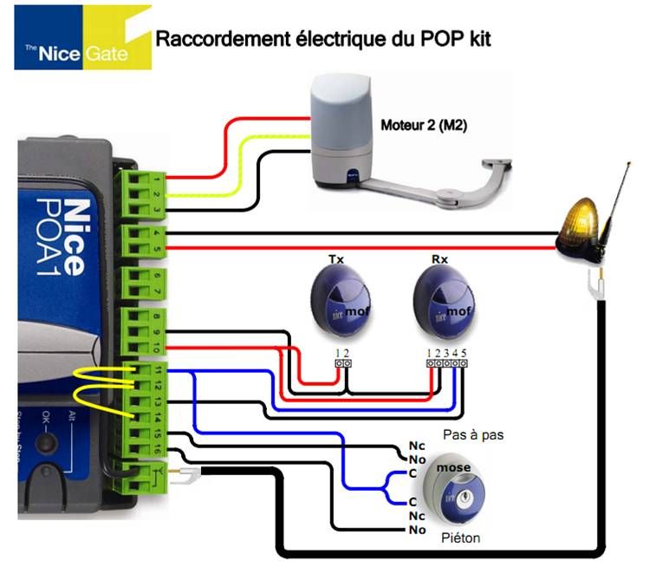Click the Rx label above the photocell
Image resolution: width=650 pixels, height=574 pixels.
pos(439,259)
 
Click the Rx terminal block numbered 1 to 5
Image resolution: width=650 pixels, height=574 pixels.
pos(447,364)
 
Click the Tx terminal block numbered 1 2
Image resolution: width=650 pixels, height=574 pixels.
pos(343,364)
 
